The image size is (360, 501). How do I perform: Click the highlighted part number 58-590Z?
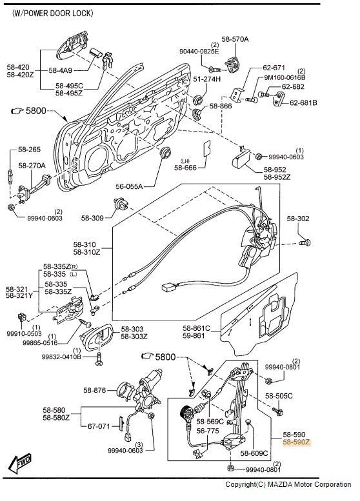tap(296, 442)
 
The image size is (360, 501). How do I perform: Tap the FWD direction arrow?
tap(20, 463)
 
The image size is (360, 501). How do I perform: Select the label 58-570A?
tap(235, 39)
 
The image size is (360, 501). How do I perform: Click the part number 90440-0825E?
tap(199, 51)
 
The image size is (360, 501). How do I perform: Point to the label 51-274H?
tap(206, 79)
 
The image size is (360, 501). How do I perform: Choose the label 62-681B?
tap(303, 103)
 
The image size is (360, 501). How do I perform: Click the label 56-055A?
tap(129, 186)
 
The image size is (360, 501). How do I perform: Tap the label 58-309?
tap(92, 218)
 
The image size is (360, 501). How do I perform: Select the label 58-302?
tap(298, 219)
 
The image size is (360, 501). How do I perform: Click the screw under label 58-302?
tap(305, 243)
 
